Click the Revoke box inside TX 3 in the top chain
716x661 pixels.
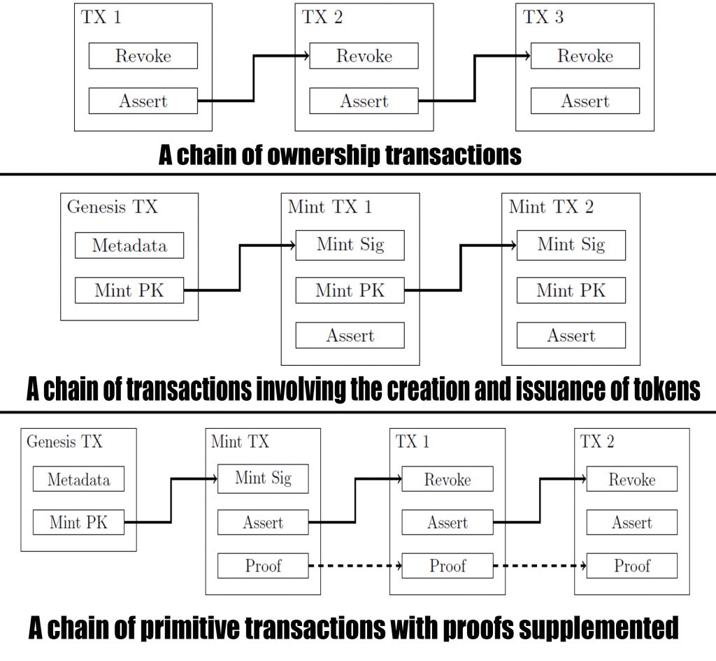coord(585,56)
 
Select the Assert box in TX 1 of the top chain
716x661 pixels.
coord(143,101)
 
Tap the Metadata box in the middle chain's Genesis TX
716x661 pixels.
coord(129,246)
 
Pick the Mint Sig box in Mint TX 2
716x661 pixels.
coord(571,245)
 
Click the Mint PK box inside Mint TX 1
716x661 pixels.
coord(350,290)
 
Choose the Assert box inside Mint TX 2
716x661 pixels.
coord(571,336)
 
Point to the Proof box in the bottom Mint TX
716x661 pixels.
coord(263,566)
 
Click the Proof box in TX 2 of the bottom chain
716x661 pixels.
coord(631,566)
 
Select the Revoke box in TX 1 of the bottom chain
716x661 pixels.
coord(447,479)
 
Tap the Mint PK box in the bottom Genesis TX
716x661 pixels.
coord(78,523)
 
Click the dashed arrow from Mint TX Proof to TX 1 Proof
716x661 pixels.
coord(355,566)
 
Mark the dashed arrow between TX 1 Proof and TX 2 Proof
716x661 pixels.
coord(539,566)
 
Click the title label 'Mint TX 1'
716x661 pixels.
coord(329,207)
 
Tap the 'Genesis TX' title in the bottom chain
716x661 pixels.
coord(64,442)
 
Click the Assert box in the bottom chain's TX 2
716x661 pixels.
coord(631,523)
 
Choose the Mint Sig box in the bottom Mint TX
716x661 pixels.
coord(263,479)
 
